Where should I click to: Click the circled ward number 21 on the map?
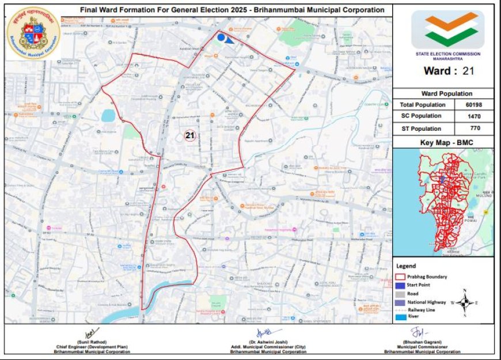[190, 136]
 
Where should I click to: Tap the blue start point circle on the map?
[221, 37]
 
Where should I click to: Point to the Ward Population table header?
[443, 93]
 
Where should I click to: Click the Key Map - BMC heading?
[443, 142]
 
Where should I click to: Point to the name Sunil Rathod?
[89, 342]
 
